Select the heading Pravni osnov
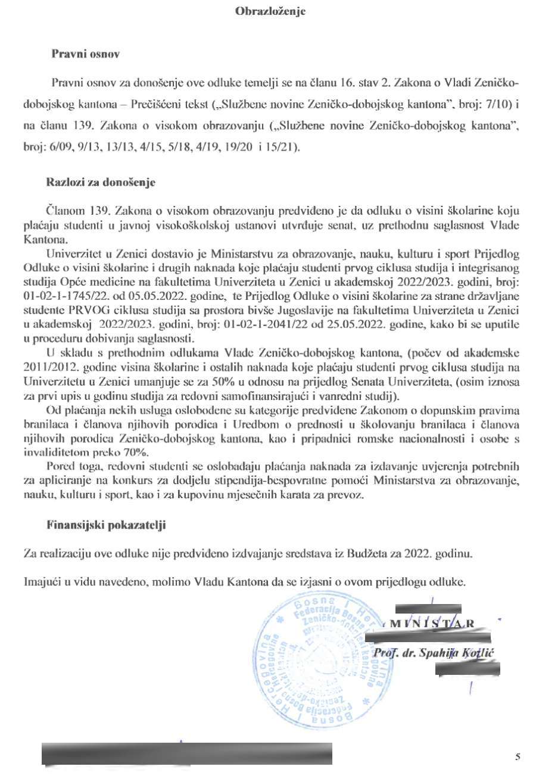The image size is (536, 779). pos(86,54)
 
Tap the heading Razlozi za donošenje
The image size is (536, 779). pos(101,183)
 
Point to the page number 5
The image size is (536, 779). pos(518,756)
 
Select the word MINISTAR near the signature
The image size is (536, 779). pos(432,624)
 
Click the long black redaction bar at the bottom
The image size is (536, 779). pos(186,753)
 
